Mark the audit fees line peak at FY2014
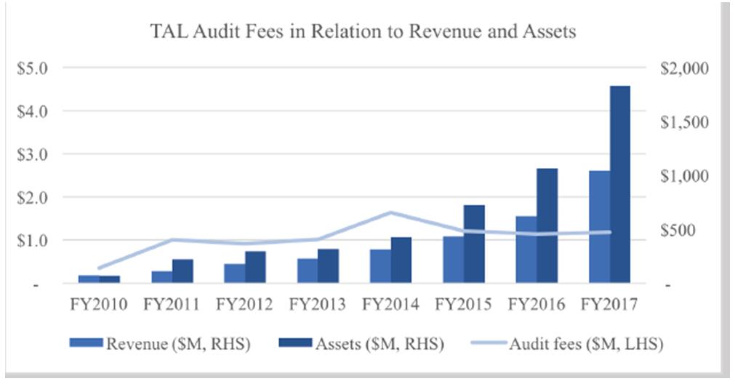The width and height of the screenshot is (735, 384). coord(390,212)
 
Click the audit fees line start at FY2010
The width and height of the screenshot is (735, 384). coord(99,268)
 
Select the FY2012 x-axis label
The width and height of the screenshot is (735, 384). coord(244,304)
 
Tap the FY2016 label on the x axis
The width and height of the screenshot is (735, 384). coord(536,304)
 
